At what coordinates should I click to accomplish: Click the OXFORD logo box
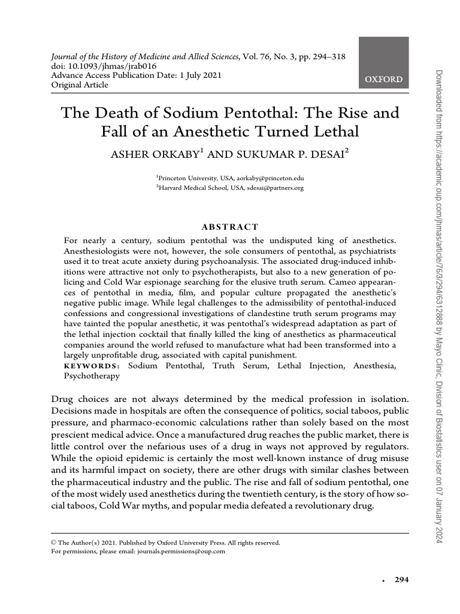click(x=383, y=63)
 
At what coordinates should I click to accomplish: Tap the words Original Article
click(x=80, y=85)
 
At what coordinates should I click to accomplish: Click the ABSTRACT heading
click(x=230, y=227)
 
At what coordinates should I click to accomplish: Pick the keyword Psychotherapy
click(x=92, y=376)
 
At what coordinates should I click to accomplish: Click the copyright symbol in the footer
click(x=54, y=543)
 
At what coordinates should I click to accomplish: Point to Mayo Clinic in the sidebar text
click(x=438, y=359)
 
